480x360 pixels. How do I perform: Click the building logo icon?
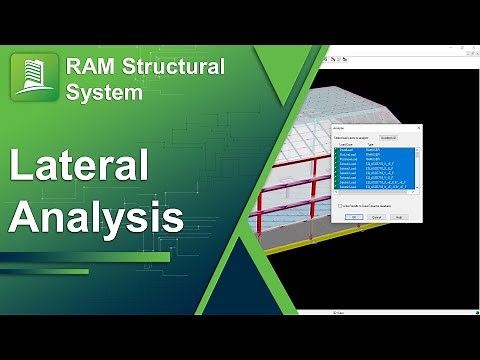[33, 80]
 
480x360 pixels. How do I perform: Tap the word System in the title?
[105, 93]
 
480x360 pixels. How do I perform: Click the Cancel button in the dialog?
[377, 216]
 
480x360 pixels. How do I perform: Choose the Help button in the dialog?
[398, 216]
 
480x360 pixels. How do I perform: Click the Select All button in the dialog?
[389, 137]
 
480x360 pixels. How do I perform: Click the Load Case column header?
[344, 144]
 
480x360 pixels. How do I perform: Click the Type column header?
[370, 144]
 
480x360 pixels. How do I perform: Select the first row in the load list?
[370, 149]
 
